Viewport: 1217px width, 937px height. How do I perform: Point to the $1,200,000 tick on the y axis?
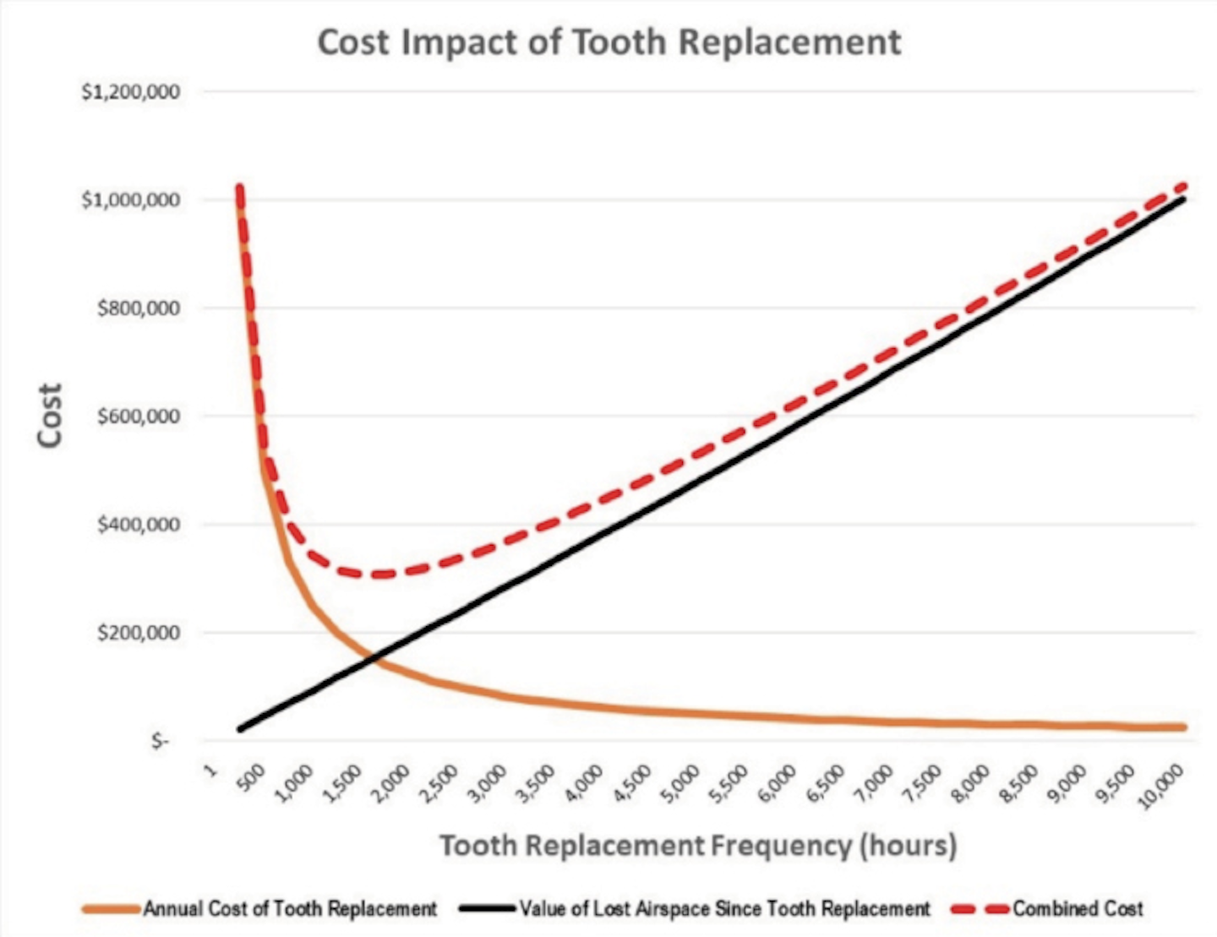click(x=131, y=92)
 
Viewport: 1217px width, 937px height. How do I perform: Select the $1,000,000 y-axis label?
click(x=131, y=200)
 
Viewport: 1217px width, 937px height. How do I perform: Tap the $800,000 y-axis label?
click(x=139, y=308)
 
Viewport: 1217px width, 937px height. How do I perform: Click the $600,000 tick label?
click(x=139, y=417)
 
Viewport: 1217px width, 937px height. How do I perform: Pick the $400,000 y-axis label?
click(x=139, y=525)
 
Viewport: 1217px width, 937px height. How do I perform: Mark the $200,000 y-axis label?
click(x=139, y=633)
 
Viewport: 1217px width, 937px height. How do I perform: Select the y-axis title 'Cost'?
click(x=51, y=415)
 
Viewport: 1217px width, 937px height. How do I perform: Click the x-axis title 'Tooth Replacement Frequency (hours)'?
click(x=698, y=845)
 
